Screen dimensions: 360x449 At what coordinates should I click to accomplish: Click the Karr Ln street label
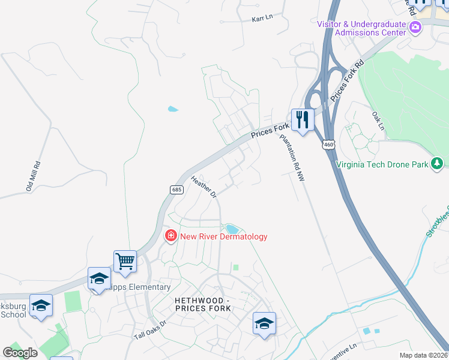click(262, 17)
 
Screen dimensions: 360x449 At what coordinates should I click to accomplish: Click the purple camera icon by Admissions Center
click(415, 27)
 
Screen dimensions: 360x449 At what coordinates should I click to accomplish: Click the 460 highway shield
click(328, 145)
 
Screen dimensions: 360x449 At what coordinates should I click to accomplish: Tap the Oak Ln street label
click(377, 120)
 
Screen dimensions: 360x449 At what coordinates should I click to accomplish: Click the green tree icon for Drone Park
click(438, 163)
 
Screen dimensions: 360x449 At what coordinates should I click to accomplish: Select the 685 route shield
click(176, 190)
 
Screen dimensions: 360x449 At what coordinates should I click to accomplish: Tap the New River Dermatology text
click(224, 236)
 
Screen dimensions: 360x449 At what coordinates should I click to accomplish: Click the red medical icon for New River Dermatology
click(171, 236)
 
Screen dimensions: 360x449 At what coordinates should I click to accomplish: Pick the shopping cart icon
click(125, 261)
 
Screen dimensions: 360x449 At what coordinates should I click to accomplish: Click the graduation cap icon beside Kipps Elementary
click(99, 278)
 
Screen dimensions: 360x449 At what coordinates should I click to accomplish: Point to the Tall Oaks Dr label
click(149, 330)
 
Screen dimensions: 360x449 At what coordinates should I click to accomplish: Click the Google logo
click(20, 352)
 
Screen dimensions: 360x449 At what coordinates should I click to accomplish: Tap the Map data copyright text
click(424, 356)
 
